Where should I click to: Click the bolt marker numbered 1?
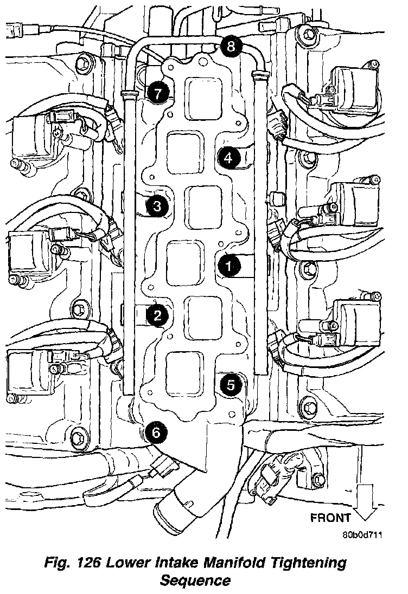point(228,266)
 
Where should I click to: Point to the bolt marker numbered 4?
point(228,158)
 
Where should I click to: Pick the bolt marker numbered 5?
point(231,385)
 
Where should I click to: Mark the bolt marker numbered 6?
point(156,432)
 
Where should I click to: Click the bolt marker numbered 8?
point(231,47)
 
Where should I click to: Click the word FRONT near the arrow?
point(330,518)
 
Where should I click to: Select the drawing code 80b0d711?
point(362,535)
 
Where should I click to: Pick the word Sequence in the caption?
point(195,581)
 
